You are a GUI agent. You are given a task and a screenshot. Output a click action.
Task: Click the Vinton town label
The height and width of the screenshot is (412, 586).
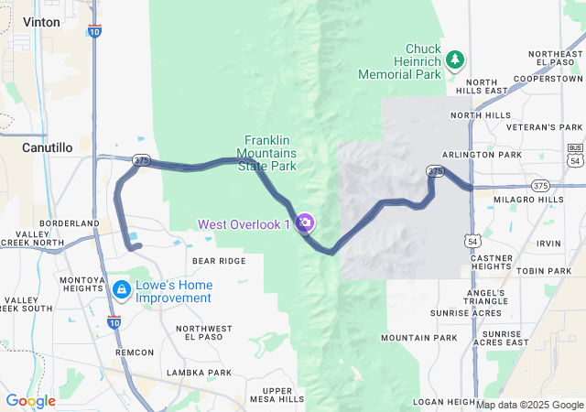coord(41,20)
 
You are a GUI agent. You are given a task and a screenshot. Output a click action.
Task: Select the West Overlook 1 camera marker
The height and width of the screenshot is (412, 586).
coord(306,222)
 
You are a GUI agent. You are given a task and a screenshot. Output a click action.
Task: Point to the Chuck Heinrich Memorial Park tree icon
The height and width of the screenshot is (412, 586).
coord(455,60)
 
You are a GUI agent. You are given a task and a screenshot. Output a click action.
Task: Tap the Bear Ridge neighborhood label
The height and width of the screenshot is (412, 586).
coord(219,261)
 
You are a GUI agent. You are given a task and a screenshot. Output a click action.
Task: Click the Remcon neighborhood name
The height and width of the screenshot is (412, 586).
coord(135,352)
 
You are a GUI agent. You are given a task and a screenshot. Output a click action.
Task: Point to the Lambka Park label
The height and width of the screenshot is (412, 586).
coord(199,373)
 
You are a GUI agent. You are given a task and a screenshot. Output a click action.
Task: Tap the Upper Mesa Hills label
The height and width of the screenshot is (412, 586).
coord(276,395)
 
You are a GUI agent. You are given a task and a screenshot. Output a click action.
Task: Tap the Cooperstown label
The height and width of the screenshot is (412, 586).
coord(548,80)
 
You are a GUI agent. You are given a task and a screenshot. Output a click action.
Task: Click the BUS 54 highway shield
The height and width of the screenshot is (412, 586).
coord(574,152)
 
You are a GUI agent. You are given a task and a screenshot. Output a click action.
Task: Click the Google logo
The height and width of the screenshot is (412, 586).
coord(30,401)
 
